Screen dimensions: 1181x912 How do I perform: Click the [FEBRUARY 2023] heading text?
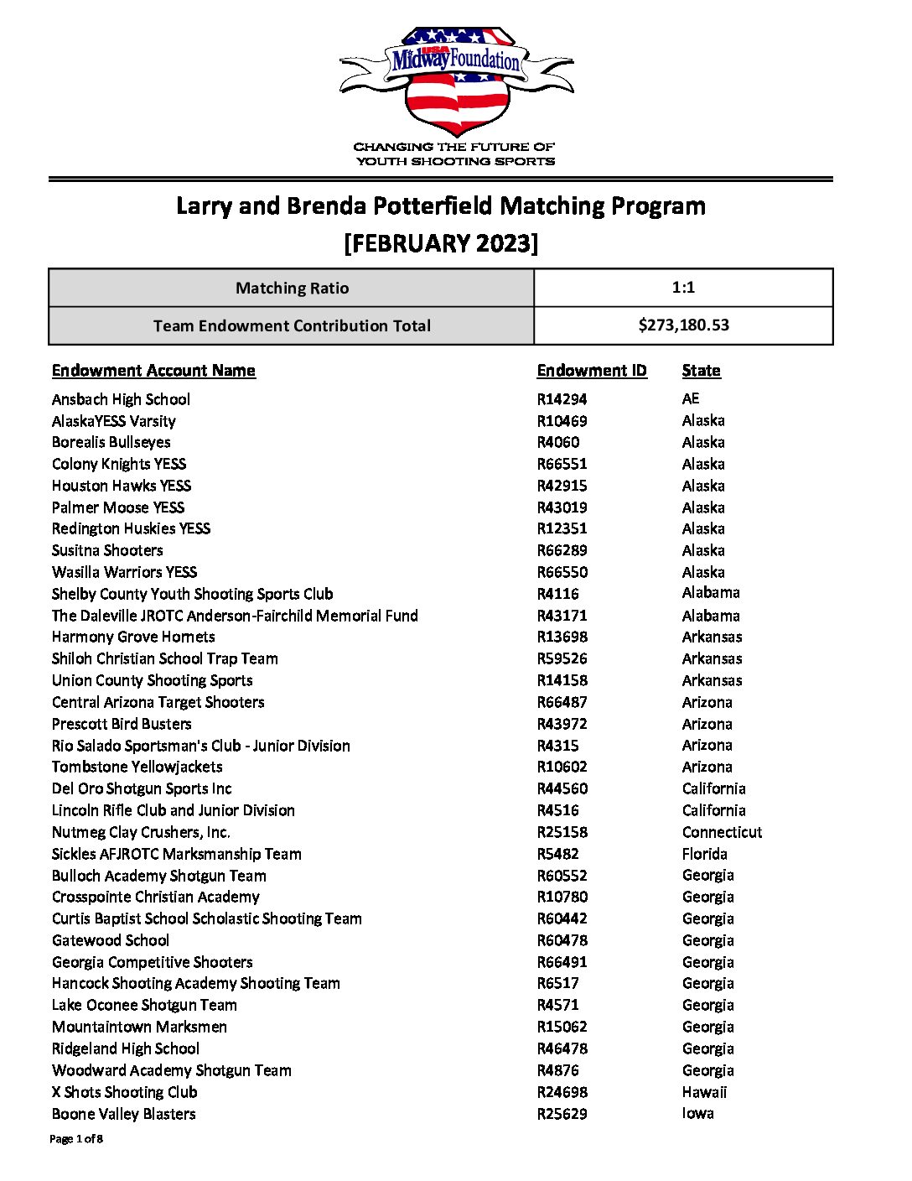tap(441, 243)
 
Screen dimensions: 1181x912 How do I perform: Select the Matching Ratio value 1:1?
tap(683, 288)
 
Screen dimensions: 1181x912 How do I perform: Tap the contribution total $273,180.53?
tap(683, 325)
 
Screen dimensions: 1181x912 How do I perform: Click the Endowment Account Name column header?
tap(153, 371)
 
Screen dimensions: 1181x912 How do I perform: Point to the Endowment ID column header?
tap(592, 371)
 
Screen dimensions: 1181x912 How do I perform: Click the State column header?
tap(701, 371)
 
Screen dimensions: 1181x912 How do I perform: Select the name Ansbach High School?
tap(121, 399)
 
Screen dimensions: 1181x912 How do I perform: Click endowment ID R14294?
tap(562, 399)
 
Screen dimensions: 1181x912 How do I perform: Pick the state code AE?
tap(690, 398)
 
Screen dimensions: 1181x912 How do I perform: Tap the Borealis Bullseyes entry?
tap(111, 442)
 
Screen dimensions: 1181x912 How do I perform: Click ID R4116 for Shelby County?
tap(557, 594)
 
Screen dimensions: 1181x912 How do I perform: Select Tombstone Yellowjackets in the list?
tap(137, 767)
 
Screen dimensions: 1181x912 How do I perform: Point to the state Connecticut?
tap(722, 832)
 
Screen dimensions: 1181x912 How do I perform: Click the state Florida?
tap(704, 854)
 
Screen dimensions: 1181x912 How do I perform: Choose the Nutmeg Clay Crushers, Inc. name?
tap(141, 832)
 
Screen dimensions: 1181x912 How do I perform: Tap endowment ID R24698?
tap(562, 1092)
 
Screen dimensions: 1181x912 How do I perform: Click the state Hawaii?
tap(704, 1092)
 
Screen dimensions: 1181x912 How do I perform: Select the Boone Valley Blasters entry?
tap(123, 1114)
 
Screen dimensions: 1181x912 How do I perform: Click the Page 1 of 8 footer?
tap(76, 1139)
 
